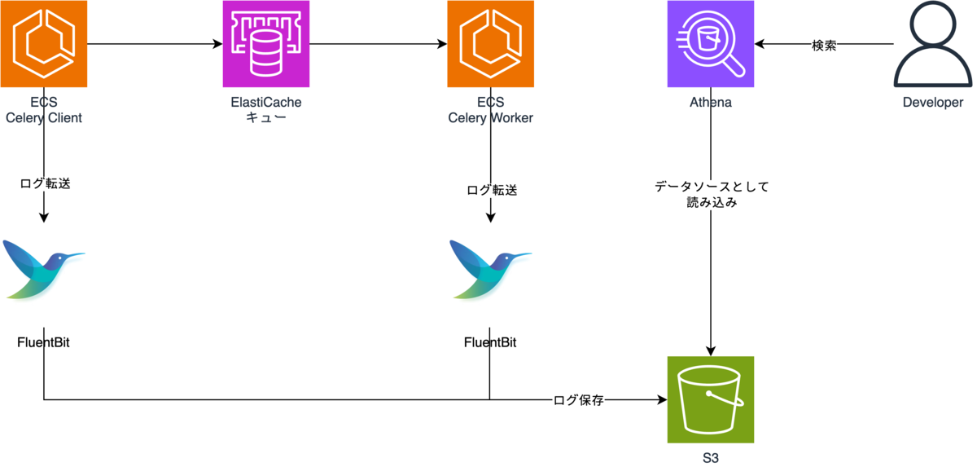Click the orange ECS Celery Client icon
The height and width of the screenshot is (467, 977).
pyautogui.click(x=43, y=43)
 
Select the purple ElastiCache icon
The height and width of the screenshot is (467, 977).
pyautogui.click(x=266, y=43)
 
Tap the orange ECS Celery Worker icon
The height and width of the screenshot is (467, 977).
pyautogui.click(x=490, y=43)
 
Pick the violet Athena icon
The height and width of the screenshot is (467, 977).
pyautogui.click(x=711, y=43)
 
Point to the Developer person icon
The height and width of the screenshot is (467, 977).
pyautogui.click(x=933, y=46)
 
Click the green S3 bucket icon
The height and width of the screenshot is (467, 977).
pyautogui.click(x=711, y=399)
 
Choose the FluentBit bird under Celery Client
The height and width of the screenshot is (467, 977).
pyautogui.click(x=43, y=269)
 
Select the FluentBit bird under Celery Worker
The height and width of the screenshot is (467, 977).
pyautogui.click(x=490, y=269)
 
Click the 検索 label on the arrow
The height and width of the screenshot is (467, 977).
pyautogui.click(x=825, y=45)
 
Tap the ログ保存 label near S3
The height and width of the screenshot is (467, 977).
pyautogui.click(x=578, y=400)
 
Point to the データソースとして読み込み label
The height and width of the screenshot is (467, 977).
pyautogui.click(x=712, y=195)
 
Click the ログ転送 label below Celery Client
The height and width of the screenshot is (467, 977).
pyautogui.click(x=45, y=183)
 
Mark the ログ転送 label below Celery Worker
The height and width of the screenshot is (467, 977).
pyautogui.click(x=492, y=190)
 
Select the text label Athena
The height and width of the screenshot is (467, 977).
pyautogui.click(x=711, y=104)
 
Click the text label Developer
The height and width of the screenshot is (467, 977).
pyautogui.click(x=933, y=103)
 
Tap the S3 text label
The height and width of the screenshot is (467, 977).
pyautogui.click(x=711, y=457)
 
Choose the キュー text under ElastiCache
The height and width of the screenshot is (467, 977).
pyautogui.click(x=266, y=117)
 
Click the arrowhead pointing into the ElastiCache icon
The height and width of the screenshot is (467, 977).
pyautogui.click(x=217, y=43)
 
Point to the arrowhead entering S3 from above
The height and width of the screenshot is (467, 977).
pyautogui.click(x=711, y=350)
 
